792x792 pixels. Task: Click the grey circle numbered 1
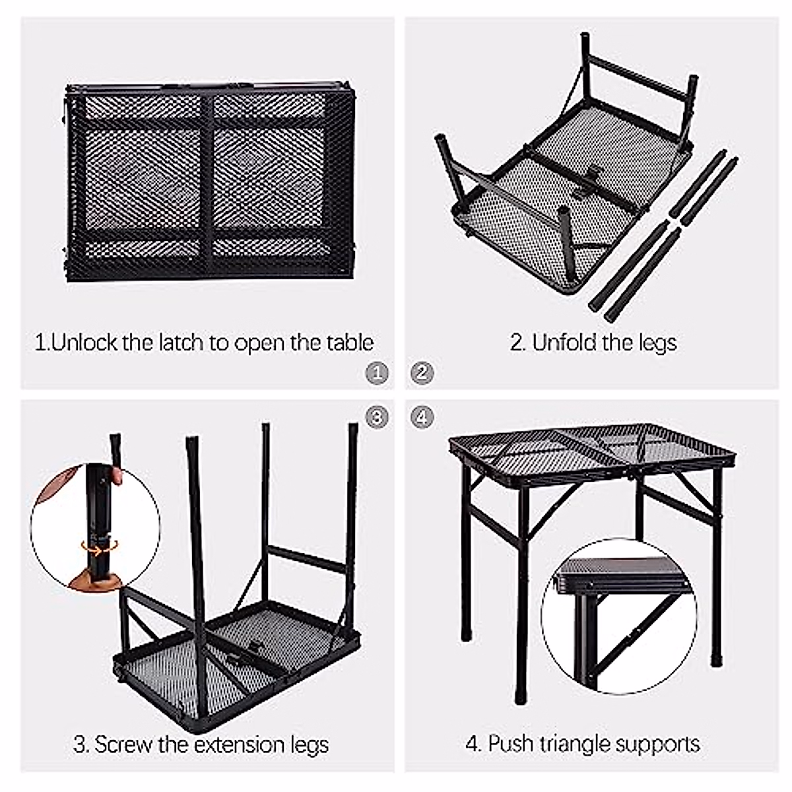pos(376,373)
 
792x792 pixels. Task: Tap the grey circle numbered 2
pos(422,373)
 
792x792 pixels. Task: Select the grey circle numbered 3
pos(376,417)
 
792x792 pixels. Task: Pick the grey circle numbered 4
pos(422,417)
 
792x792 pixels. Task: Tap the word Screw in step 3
pos(123,744)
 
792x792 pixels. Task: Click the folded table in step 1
pos(210,181)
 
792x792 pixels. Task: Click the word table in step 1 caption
pos(350,343)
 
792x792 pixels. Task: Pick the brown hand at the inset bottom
pos(96,579)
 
